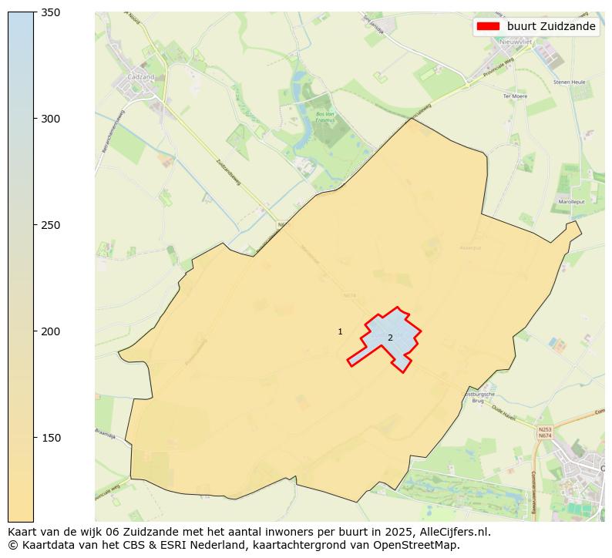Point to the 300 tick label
pyautogui.click(x=49, y=119)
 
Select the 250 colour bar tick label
pyautogui.click(x=49, y=225)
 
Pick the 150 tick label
pyautogui.click(x=49, y=438)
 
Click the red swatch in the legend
pyautogui.click(x=488, y=26)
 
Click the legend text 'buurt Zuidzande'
pyautogui.click(x=551, y=26)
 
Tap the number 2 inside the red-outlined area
pyautogui.click(x=390, y=338)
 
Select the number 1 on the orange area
pyautogui.click(x=340, y=331)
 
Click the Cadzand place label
pyautogui.click(x=141, y=78)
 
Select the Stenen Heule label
pyautogui.click(x=568, y=82)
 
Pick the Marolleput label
pyautogui.click(x=571, y=202)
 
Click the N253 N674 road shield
pyautogui.click(x=545, y=432)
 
